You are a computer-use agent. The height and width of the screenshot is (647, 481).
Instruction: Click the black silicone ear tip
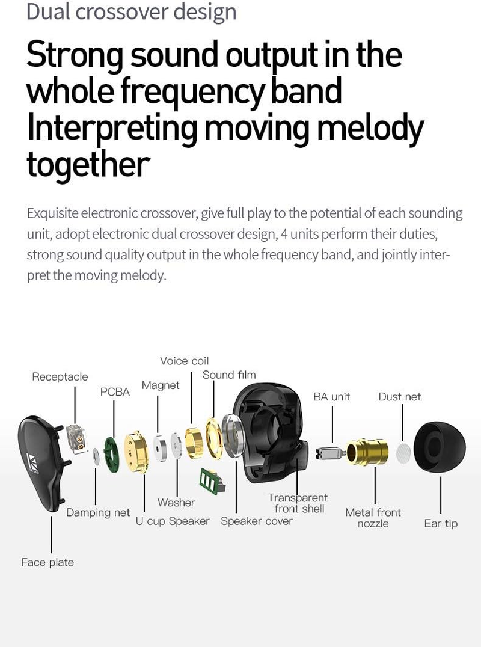pyautogui.click(x=440, y=447)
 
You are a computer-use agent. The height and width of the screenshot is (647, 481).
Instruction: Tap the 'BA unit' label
pyautogui.click(x=331, y=397)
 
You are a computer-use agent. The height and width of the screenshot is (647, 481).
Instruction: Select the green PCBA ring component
pyautogui.click(x=111, y=455)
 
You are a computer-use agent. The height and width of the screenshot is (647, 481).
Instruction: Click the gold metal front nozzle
pyautogui.click(x=367, y=452)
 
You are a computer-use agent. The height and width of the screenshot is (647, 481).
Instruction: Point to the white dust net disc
pyautogui.click(x=403, y=453)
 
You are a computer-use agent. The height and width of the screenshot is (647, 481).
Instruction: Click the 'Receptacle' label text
pyautogui.click(x=60, y=377)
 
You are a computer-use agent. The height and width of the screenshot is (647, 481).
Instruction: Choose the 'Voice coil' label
pyautogui.click(x=185, y=361)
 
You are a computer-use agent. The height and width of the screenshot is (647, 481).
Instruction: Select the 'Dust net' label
pyautogui.click(x=400, y=397)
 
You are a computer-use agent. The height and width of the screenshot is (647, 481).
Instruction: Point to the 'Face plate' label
pyautogui.click(x=47, y=562)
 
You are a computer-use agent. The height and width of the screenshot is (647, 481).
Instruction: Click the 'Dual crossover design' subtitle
pyautogui.click(x=132, y=12)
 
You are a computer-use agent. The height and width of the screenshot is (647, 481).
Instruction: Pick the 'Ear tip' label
pyautogui.click(x=441, y=524)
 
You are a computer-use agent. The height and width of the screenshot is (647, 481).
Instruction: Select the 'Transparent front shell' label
pyautogui.click(x=298, y=503)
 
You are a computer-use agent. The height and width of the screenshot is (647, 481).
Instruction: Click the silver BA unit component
pyautogui.click(x=329, y=453)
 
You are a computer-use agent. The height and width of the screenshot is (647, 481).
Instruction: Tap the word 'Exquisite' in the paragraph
pyautogui.click(x=53, y=213)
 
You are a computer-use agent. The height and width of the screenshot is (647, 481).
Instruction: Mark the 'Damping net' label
pyautogui.click(x=98, y=513)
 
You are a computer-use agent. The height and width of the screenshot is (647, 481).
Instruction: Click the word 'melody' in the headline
pyautogui.click(x=370, y=128)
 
